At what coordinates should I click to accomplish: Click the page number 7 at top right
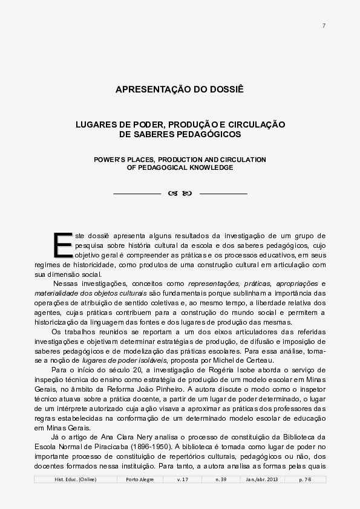point(324,25)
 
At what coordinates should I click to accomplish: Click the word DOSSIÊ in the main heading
point(224,89)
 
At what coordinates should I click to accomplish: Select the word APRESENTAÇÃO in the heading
point(154,89)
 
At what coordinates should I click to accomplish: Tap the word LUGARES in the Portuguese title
point(96,124)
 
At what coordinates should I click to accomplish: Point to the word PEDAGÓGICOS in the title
point(209,134)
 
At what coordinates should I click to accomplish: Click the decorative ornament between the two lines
point(180,193)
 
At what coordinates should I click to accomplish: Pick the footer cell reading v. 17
point(183,479)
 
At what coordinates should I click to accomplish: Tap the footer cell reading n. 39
point(221,479)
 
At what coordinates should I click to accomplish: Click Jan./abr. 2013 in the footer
point(262,479)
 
